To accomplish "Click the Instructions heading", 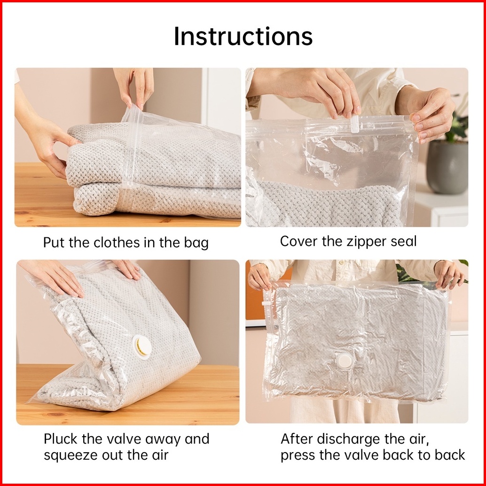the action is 243,36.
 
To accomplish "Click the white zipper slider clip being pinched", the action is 354,124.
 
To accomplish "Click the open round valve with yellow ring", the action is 142,347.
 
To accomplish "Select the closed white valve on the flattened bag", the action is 345,361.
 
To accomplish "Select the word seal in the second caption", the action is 406,242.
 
